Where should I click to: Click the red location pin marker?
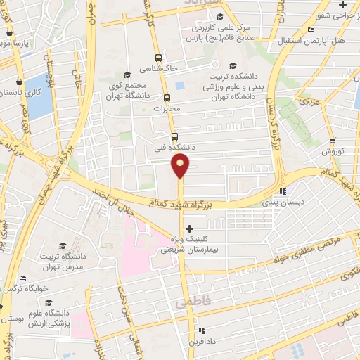[180, 166]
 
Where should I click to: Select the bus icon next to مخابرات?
[167, 98]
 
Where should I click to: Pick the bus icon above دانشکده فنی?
[174, 136]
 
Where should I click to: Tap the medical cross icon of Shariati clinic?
[188, 229]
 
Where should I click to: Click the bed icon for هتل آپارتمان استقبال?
[311, 30]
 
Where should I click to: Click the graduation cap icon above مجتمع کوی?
[127, 75]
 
